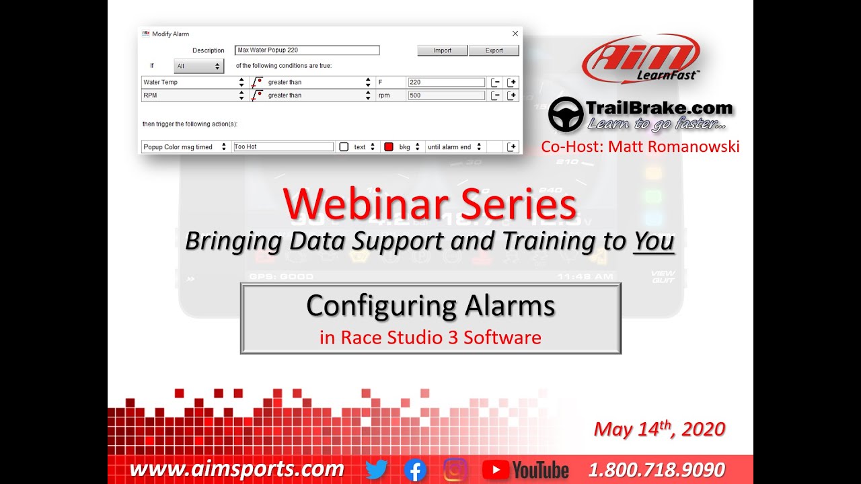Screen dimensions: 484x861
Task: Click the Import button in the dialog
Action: [442, 50]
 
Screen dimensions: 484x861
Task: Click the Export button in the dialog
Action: [494, 50]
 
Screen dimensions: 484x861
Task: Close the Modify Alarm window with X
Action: [515, 34]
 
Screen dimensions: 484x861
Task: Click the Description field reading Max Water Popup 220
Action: [307, 50]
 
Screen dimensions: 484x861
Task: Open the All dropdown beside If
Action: [198, 66]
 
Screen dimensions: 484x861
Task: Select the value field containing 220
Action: [446, 83]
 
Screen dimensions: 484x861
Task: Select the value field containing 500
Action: [446, 95]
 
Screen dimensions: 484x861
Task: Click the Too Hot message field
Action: [283, 147]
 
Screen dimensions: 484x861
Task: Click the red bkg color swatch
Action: [388, 147]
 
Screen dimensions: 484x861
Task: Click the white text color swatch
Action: [344, 147]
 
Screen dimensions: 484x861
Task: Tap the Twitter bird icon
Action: [377, 469]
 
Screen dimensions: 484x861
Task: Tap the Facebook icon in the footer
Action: [416, 469]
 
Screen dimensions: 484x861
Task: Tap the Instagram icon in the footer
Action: [455, 469]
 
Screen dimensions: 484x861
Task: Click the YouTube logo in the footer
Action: [526, 469]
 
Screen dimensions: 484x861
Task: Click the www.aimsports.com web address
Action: [237, 469]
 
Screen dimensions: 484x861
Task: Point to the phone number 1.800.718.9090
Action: [657, 469]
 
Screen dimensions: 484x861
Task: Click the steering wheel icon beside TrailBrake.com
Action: [565, 114]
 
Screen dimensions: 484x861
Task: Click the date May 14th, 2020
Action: [659, 430]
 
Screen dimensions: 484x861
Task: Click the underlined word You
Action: [654, 241]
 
